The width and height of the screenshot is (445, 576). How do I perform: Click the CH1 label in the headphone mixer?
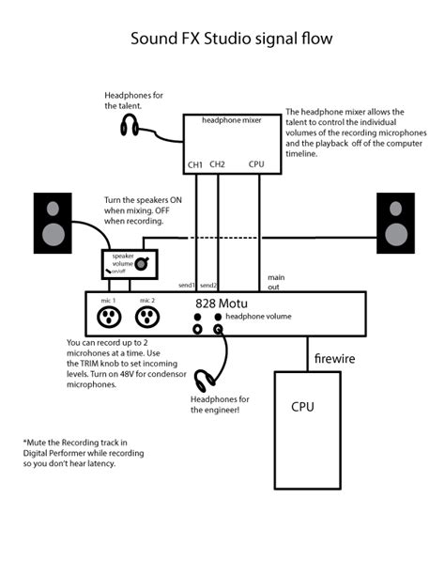point(195,164)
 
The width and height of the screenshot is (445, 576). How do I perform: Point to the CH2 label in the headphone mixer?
point(217,164)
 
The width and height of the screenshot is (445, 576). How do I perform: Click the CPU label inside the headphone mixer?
point(257,164)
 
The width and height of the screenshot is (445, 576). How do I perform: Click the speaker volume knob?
point(141,265)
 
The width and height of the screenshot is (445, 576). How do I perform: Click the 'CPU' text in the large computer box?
point(302,407)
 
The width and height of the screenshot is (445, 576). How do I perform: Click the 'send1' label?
point(186,285)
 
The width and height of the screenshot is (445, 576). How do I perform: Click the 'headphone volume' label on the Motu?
point(259,317)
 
